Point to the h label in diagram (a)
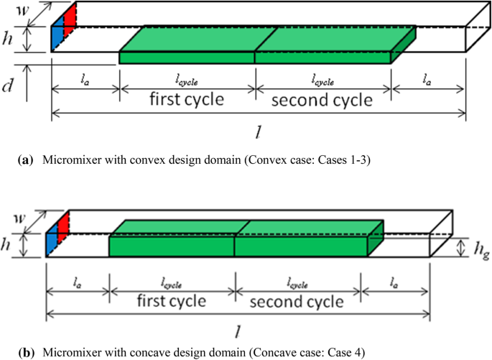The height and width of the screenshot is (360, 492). pos(9,38)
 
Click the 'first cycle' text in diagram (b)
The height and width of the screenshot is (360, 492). pos(172,300)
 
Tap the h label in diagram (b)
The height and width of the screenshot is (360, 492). pos(6,244)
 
